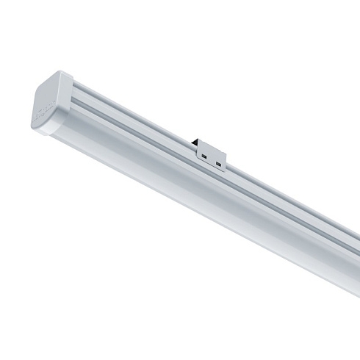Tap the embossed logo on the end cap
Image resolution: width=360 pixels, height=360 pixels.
pyautogui.click(x=40, y=117)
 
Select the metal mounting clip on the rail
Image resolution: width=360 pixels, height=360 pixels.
pyautogui.click(x=210, y=154)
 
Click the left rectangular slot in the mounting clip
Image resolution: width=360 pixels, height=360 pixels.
pyautogui.click(x=202, y=155)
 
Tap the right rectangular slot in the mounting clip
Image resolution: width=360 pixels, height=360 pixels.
pyautogui.click(x=218, y=161)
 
